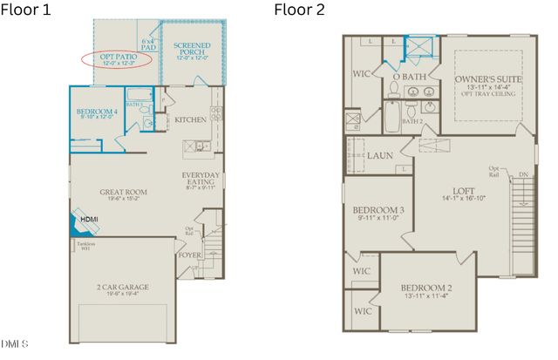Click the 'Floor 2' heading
299,10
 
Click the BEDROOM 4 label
96,112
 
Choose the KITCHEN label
190,119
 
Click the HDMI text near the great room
89,219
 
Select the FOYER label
189,256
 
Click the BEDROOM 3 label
378,211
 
